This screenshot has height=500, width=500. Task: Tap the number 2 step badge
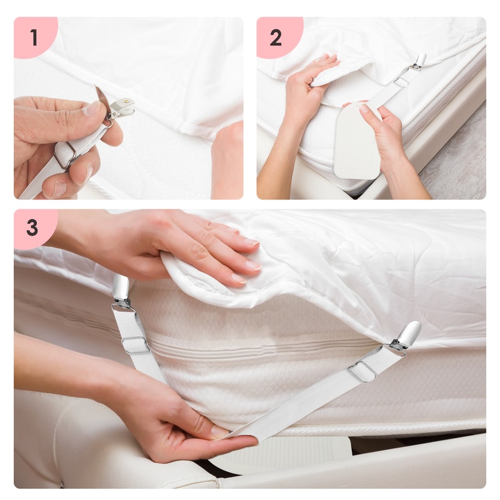tap(276, 37)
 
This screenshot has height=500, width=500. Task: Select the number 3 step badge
tap(32, 228)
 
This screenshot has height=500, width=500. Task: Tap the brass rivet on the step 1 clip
tap(129, 101)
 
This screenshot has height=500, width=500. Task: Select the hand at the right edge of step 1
tap(227, 159)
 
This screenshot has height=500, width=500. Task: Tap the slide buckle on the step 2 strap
tap(401, 81)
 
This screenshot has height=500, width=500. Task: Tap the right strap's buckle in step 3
tap(362, 372)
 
